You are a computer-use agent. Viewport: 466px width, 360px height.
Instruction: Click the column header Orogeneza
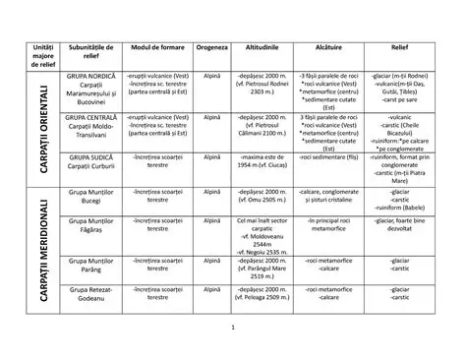[210, 47]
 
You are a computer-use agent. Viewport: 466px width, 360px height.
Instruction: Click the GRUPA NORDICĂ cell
[91, 88]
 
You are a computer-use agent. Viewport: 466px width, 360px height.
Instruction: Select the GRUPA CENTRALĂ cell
[91, 127]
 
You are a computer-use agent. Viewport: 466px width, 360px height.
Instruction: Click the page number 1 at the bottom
[233, 328]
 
